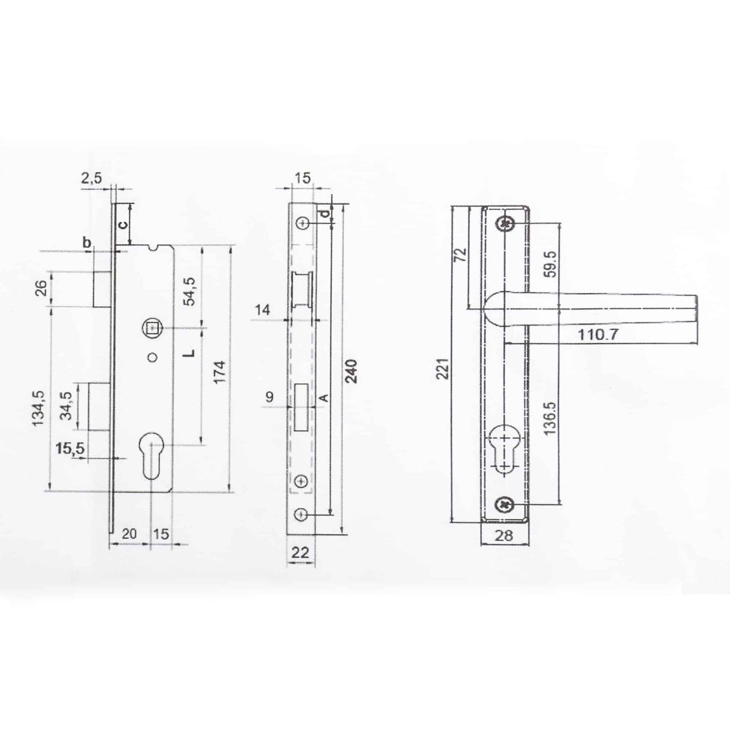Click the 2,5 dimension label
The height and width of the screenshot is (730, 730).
coord(91,177)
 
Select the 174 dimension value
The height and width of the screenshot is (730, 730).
coord(220,372)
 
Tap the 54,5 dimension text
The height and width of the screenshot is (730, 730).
coord(189,291)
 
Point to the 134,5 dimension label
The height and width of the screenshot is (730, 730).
coord(39,409)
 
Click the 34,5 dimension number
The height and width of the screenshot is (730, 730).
coord(66,405)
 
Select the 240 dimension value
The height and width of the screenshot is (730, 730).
coord(351,372)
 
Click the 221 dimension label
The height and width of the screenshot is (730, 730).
coord(444,368)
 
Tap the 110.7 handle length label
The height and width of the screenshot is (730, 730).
coord(598,335)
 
